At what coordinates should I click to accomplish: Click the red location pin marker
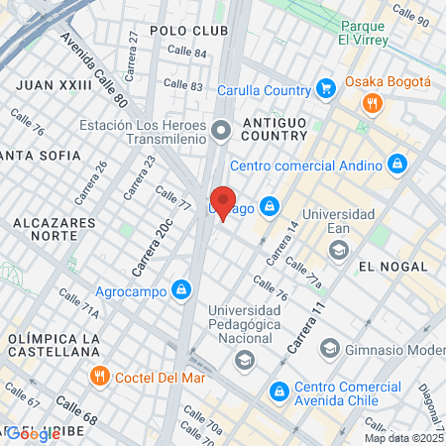click(x=224, y=201)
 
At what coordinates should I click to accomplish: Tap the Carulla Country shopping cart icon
click(x=324, y=88)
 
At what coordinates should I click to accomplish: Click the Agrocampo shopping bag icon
click(x=180, y=290)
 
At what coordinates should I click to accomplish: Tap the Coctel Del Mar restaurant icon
click(x=99, y=376)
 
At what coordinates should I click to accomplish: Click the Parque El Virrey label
click(x=369, y=33)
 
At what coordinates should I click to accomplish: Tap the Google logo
click(x=33, y=433)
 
